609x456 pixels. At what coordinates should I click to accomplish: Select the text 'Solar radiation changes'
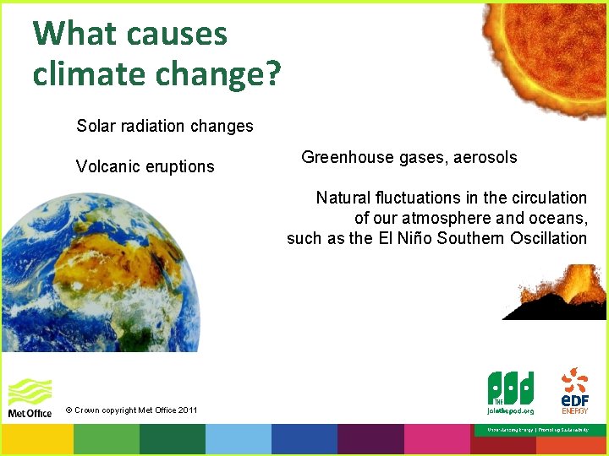(x=164, y=126)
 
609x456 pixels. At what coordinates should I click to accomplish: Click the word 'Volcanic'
(x=108, y=166)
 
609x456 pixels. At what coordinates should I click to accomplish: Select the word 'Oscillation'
(x=548, y=238)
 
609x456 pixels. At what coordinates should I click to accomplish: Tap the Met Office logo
(x=30, y=398)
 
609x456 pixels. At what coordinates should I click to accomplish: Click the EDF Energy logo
(x=575, y=390)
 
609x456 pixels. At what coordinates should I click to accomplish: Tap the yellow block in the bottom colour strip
(x=37, y=440)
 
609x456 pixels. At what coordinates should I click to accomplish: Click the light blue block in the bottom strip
(x=238, y=440)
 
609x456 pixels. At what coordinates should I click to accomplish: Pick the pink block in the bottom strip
(x=436, y=440)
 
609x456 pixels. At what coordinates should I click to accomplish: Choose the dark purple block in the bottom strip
(x=370, y=440)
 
